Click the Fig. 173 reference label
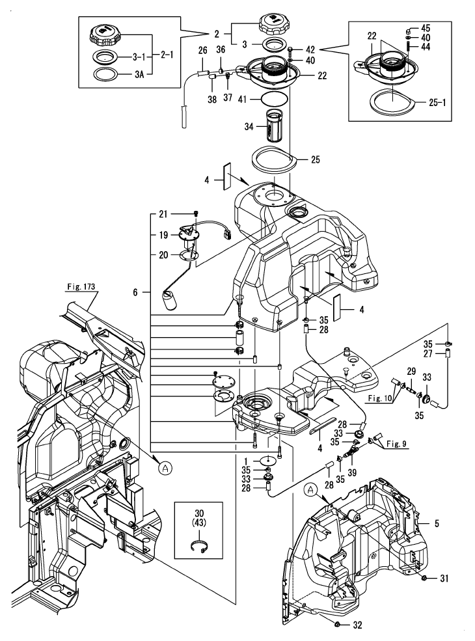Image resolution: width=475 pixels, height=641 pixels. (x=80, y=286)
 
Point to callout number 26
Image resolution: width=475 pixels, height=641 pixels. (x=202, y=49)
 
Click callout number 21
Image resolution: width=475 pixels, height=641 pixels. (x=163, y=213)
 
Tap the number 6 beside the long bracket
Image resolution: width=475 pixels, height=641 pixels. (x=136, y=293)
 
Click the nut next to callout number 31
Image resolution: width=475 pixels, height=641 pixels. (x=424, y=578)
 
